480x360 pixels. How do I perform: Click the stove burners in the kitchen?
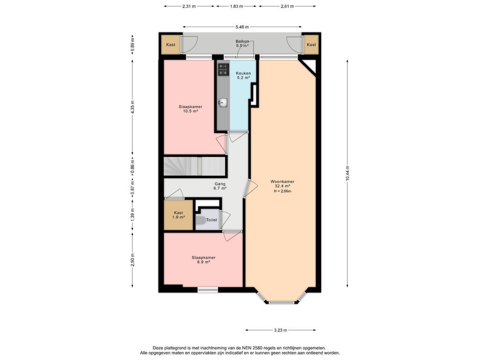tap(223, 69)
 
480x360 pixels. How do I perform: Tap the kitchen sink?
tap(223, 103)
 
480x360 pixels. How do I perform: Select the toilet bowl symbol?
tap(201, 220)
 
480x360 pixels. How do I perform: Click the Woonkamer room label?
tap(282, 181)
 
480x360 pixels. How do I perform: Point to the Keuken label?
tap(243, 73)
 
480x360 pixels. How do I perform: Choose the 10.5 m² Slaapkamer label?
tap(190, 109)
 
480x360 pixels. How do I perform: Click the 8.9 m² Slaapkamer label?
tap(203, 260)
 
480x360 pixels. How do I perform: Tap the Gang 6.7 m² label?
tap(220, 186)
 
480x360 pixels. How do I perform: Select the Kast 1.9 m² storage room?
tap(179, 215)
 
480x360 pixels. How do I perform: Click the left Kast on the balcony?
tap(171, 45)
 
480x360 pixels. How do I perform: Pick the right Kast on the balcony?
tap(311, 45)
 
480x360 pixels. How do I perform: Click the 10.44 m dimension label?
tap(347, 173)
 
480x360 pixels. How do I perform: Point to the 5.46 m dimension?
tap(242, 27)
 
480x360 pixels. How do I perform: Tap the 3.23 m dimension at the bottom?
tap(280, 330)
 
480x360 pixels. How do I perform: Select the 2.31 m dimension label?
tap(189, 6)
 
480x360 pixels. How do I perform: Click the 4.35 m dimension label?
tap(132, 107)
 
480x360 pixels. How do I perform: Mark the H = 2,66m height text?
tap(282, 191)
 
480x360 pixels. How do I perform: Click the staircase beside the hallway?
tap(195, 166)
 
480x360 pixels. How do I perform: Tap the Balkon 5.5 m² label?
tap(242, 44)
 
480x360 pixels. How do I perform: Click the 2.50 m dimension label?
tap(132, 260)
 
